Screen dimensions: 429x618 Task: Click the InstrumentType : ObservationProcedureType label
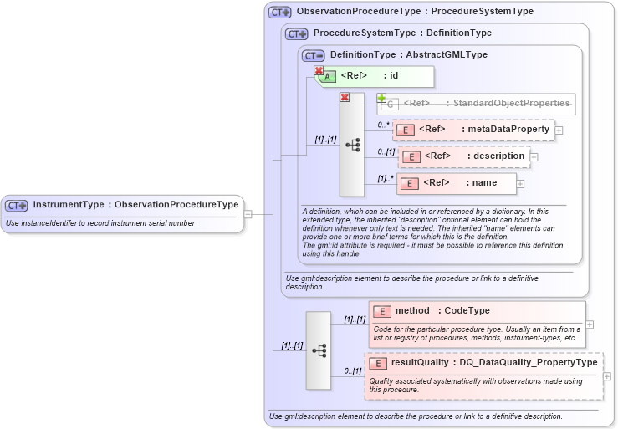coord(135,205)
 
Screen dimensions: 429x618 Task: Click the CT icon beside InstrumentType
coord(16,205)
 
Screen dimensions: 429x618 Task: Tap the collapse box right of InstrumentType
coord(248,213)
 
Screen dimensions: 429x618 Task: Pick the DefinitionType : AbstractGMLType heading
coord(408,55)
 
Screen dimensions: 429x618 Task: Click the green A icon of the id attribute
coord(329,77)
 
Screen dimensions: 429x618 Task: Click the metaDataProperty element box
coord(473,130)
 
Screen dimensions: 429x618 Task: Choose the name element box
coord(457,183)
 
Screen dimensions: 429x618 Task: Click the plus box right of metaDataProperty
coord(559,130)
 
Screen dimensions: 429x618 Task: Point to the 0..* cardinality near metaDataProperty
coord(384,125)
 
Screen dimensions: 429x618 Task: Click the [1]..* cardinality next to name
coord(385,178)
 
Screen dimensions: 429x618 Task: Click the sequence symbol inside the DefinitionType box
coord(352,144)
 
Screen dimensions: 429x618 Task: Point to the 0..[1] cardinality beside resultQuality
coord(352,370)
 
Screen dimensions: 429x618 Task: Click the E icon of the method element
coord(381,312)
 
